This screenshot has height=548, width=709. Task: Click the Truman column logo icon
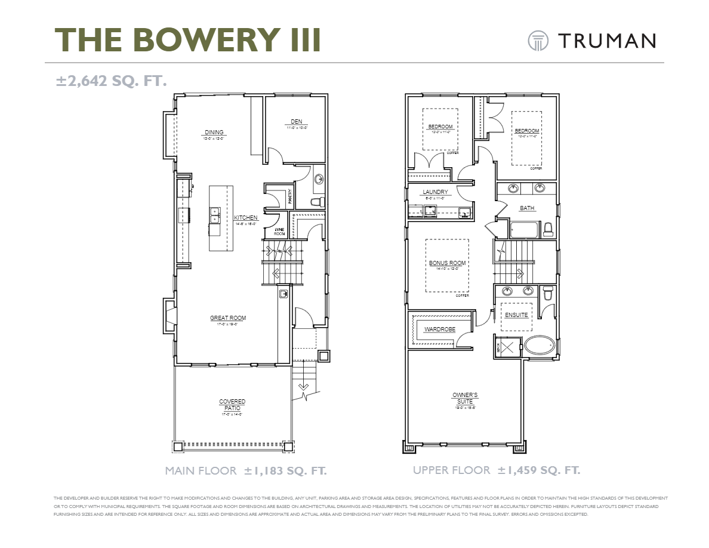[x=538, y=41]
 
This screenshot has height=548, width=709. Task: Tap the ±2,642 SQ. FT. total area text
[x=111, y=81]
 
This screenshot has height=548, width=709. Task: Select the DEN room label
[x=297, y=122]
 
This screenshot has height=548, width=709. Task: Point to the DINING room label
[x=214, y=133]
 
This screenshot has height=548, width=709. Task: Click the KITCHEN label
[x=245, y=218]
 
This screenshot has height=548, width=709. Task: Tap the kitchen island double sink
[x=214, y=214]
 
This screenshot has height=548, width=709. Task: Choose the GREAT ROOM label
[x=227, y=318]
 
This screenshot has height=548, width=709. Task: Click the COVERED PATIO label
[x=232, y=405]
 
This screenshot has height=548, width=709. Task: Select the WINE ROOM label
[x=279, y=232]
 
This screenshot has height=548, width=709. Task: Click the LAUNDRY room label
[x=435, y=192]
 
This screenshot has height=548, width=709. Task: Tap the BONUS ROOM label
[x=447, y=263]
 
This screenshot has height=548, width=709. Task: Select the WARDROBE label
[x=439, y=330]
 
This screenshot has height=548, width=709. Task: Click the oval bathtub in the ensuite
[x=540, y=346]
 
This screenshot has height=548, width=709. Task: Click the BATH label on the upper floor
[x=527, y=208]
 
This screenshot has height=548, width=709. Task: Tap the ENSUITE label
[x=516, y=315]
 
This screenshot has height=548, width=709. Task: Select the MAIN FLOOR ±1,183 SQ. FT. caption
[x=246, y=471]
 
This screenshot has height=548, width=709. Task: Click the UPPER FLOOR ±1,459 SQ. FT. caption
[x=496, y=470]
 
